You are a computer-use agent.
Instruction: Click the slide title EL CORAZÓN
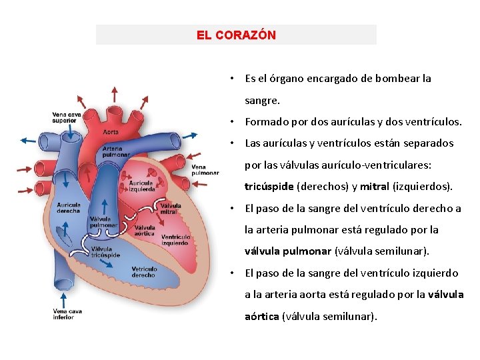(x=236, y=35)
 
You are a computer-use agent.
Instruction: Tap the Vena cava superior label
(x=67, y=117)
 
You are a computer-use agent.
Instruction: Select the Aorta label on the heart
(x=111, y=132)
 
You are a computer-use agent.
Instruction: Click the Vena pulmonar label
(x=205, y=169)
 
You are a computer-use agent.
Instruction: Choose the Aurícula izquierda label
(x=142, y=185)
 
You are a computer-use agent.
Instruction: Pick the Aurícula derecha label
(x=69, y=208)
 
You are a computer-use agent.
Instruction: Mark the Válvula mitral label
(x=170, y=209)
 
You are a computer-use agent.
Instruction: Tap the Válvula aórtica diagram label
(x=145, y=231)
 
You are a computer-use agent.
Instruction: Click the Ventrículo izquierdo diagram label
(x=175, y=239)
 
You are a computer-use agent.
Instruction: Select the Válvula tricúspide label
(x=106, y=251)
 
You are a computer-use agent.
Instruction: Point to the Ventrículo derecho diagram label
(x=144, y=271)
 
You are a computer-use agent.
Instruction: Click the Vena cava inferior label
(x=67, y=313)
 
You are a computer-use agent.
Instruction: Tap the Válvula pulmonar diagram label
(x=103, y=222)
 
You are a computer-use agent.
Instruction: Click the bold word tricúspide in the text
(x=269, y=186)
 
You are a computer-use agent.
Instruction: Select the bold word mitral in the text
(x=375, y=186)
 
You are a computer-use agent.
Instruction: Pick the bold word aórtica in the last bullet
(x=262, y=316)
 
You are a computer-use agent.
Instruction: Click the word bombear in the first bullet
(x=397, y=78)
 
